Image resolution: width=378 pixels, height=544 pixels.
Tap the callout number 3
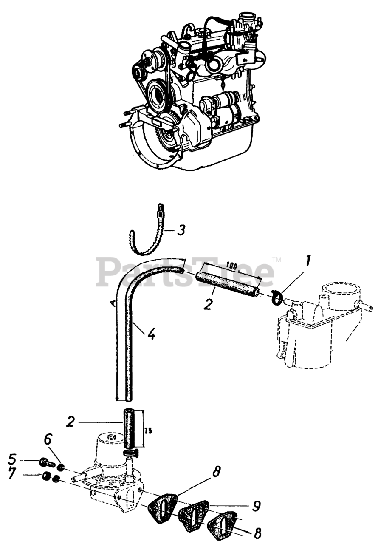[x=181, y=230]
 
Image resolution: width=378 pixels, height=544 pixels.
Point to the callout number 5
[x=12, y=459]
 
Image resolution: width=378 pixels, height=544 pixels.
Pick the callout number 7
[x=12, y=475]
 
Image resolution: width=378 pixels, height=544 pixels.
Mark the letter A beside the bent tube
[x=112, y=302]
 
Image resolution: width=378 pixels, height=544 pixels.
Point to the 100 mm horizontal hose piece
[x=228, y=285]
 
